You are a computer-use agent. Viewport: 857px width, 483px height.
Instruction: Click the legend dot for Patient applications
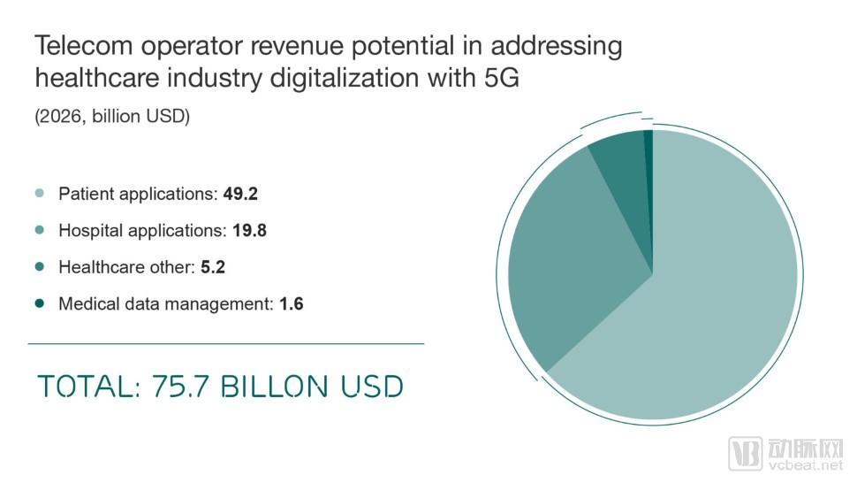[39, 194]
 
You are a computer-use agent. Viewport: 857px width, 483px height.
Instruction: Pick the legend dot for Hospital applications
[39, 230]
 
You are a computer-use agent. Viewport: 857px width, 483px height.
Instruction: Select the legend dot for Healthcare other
[39, 266]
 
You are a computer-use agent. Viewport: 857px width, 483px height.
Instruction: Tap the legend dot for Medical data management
[39, 303]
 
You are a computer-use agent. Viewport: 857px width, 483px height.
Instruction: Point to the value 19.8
[249, 231]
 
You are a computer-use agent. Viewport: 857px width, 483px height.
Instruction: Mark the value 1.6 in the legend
[292, 304]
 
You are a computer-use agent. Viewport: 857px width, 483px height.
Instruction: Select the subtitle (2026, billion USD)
[112, 117]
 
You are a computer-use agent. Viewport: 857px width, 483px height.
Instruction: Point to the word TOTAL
[83, 387]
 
